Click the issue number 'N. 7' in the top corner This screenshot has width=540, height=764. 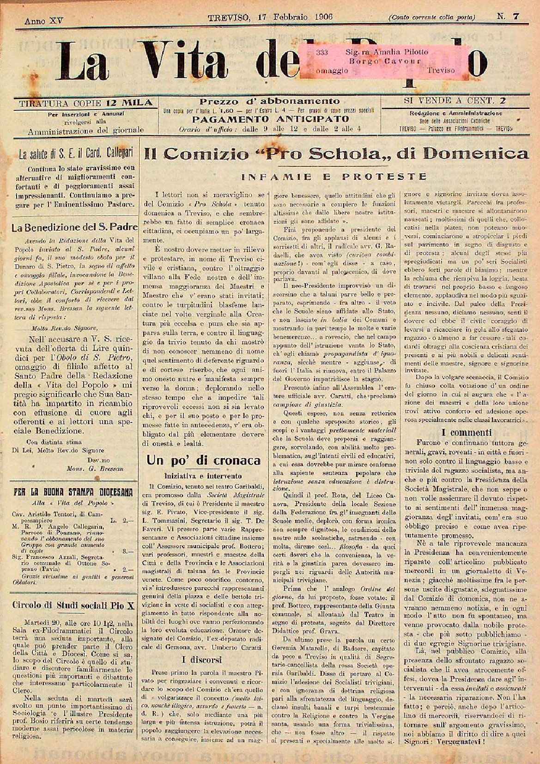508,16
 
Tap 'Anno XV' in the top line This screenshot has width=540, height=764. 44,21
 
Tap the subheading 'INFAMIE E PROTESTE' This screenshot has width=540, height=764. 334,176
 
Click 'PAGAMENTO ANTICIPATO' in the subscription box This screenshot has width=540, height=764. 270,119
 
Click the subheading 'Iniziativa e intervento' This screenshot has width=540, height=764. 203,475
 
